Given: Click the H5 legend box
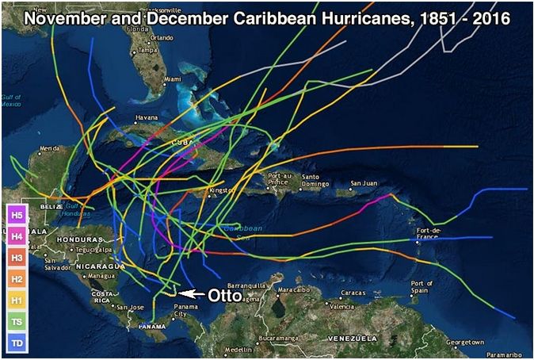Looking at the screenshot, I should [17, 214].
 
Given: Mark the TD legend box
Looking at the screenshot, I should [17, 342].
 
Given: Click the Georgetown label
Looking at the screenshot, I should [465, 343].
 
